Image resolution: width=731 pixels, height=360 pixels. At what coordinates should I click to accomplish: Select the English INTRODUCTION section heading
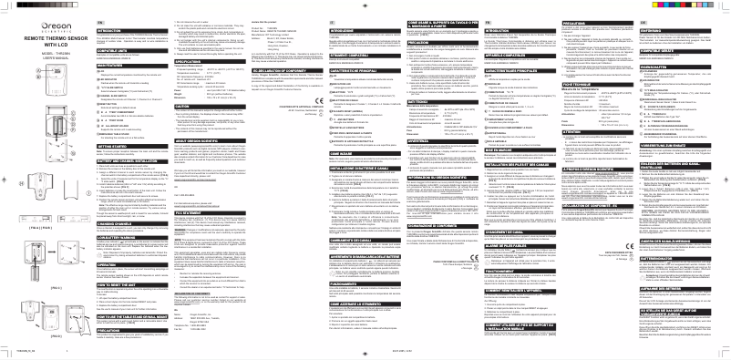87,29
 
